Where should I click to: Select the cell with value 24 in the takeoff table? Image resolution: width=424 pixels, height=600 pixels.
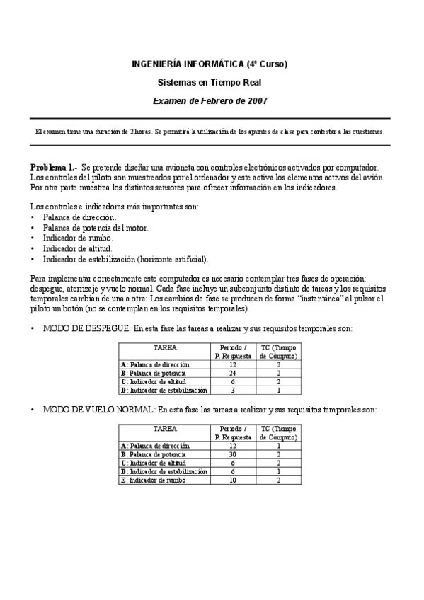[x=233, y=373]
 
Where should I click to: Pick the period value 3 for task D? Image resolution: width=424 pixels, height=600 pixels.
[x=233, y=390]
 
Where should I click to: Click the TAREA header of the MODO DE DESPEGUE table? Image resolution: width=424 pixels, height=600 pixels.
[x=165, y=348]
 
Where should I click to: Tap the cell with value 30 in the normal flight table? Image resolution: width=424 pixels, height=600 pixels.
[x=233, y=454]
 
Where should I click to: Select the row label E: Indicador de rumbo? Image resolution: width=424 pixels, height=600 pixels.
[x=153, y=480]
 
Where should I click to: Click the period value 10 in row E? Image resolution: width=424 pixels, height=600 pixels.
[x=233, y=480]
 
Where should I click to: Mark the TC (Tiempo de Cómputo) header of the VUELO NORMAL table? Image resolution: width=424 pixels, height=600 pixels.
[x=278, y=433]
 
